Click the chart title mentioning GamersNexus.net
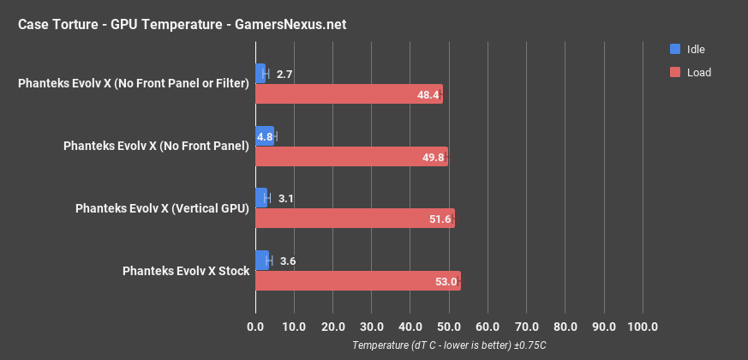coord(182,24)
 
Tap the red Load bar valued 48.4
coord(349,94)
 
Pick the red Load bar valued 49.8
coord(351,157)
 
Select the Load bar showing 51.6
coord(355,219)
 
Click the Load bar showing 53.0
coord(357,281)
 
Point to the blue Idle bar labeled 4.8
coord(265,135)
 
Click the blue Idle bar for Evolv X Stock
coord(262,261)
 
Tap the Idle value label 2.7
coord(285,75)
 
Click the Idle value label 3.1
coord(286,199)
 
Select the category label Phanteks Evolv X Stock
coord(186,271)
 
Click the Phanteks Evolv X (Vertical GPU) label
coord(162,208)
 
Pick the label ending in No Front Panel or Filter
coord(134,84)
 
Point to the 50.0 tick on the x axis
coord(449,327)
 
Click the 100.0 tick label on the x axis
coord(643,327)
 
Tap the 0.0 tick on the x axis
coord(255,327)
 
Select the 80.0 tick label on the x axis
coord(565,327)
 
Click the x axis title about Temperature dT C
coord(449,345)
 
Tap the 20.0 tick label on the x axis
coord(332,327)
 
